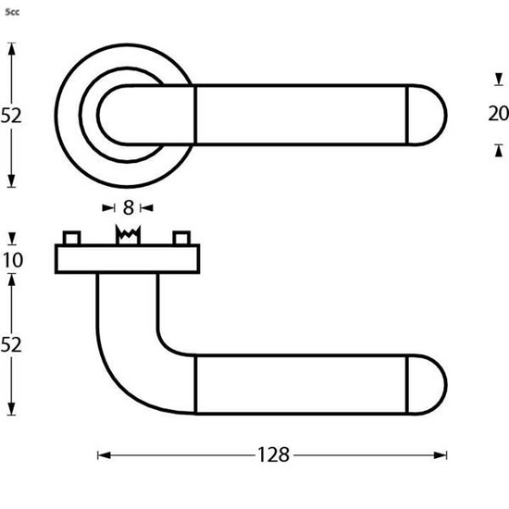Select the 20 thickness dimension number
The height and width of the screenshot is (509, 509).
tap(498, 114)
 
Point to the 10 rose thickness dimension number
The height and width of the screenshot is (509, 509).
tap(12, 260)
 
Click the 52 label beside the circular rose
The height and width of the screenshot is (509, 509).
tap(12, 116)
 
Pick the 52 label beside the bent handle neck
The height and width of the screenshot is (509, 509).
tap(12, 344)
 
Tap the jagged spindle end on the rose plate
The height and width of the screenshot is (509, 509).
tap(127, 236)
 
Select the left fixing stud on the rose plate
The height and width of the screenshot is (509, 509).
tap(71, 237)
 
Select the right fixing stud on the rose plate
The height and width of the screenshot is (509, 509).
tap(182, 237)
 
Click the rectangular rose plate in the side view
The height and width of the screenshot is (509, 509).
tap(127, 259)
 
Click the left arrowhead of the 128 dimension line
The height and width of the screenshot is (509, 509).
tap(103, 454)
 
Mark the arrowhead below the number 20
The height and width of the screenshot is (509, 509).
tap(498, 149)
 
